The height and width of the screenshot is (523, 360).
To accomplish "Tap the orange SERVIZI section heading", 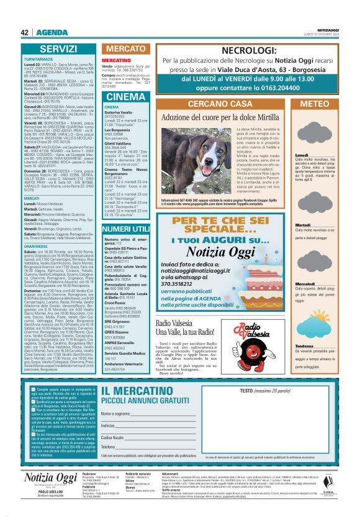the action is tap(58, 48).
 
